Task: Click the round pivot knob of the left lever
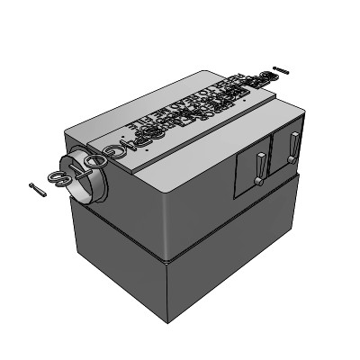258,183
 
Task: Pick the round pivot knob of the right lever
292,160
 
